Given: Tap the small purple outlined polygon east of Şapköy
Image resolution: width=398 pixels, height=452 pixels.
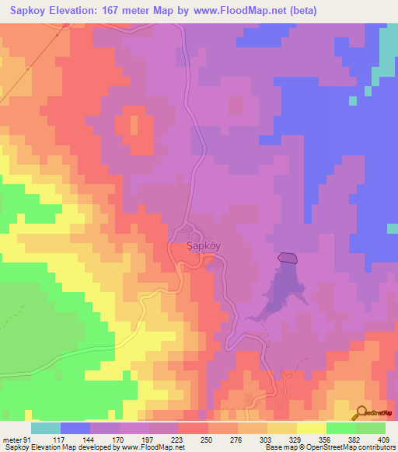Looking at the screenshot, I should point(287,257).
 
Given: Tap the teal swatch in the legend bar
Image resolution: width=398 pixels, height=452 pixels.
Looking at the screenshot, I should point(46,428).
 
